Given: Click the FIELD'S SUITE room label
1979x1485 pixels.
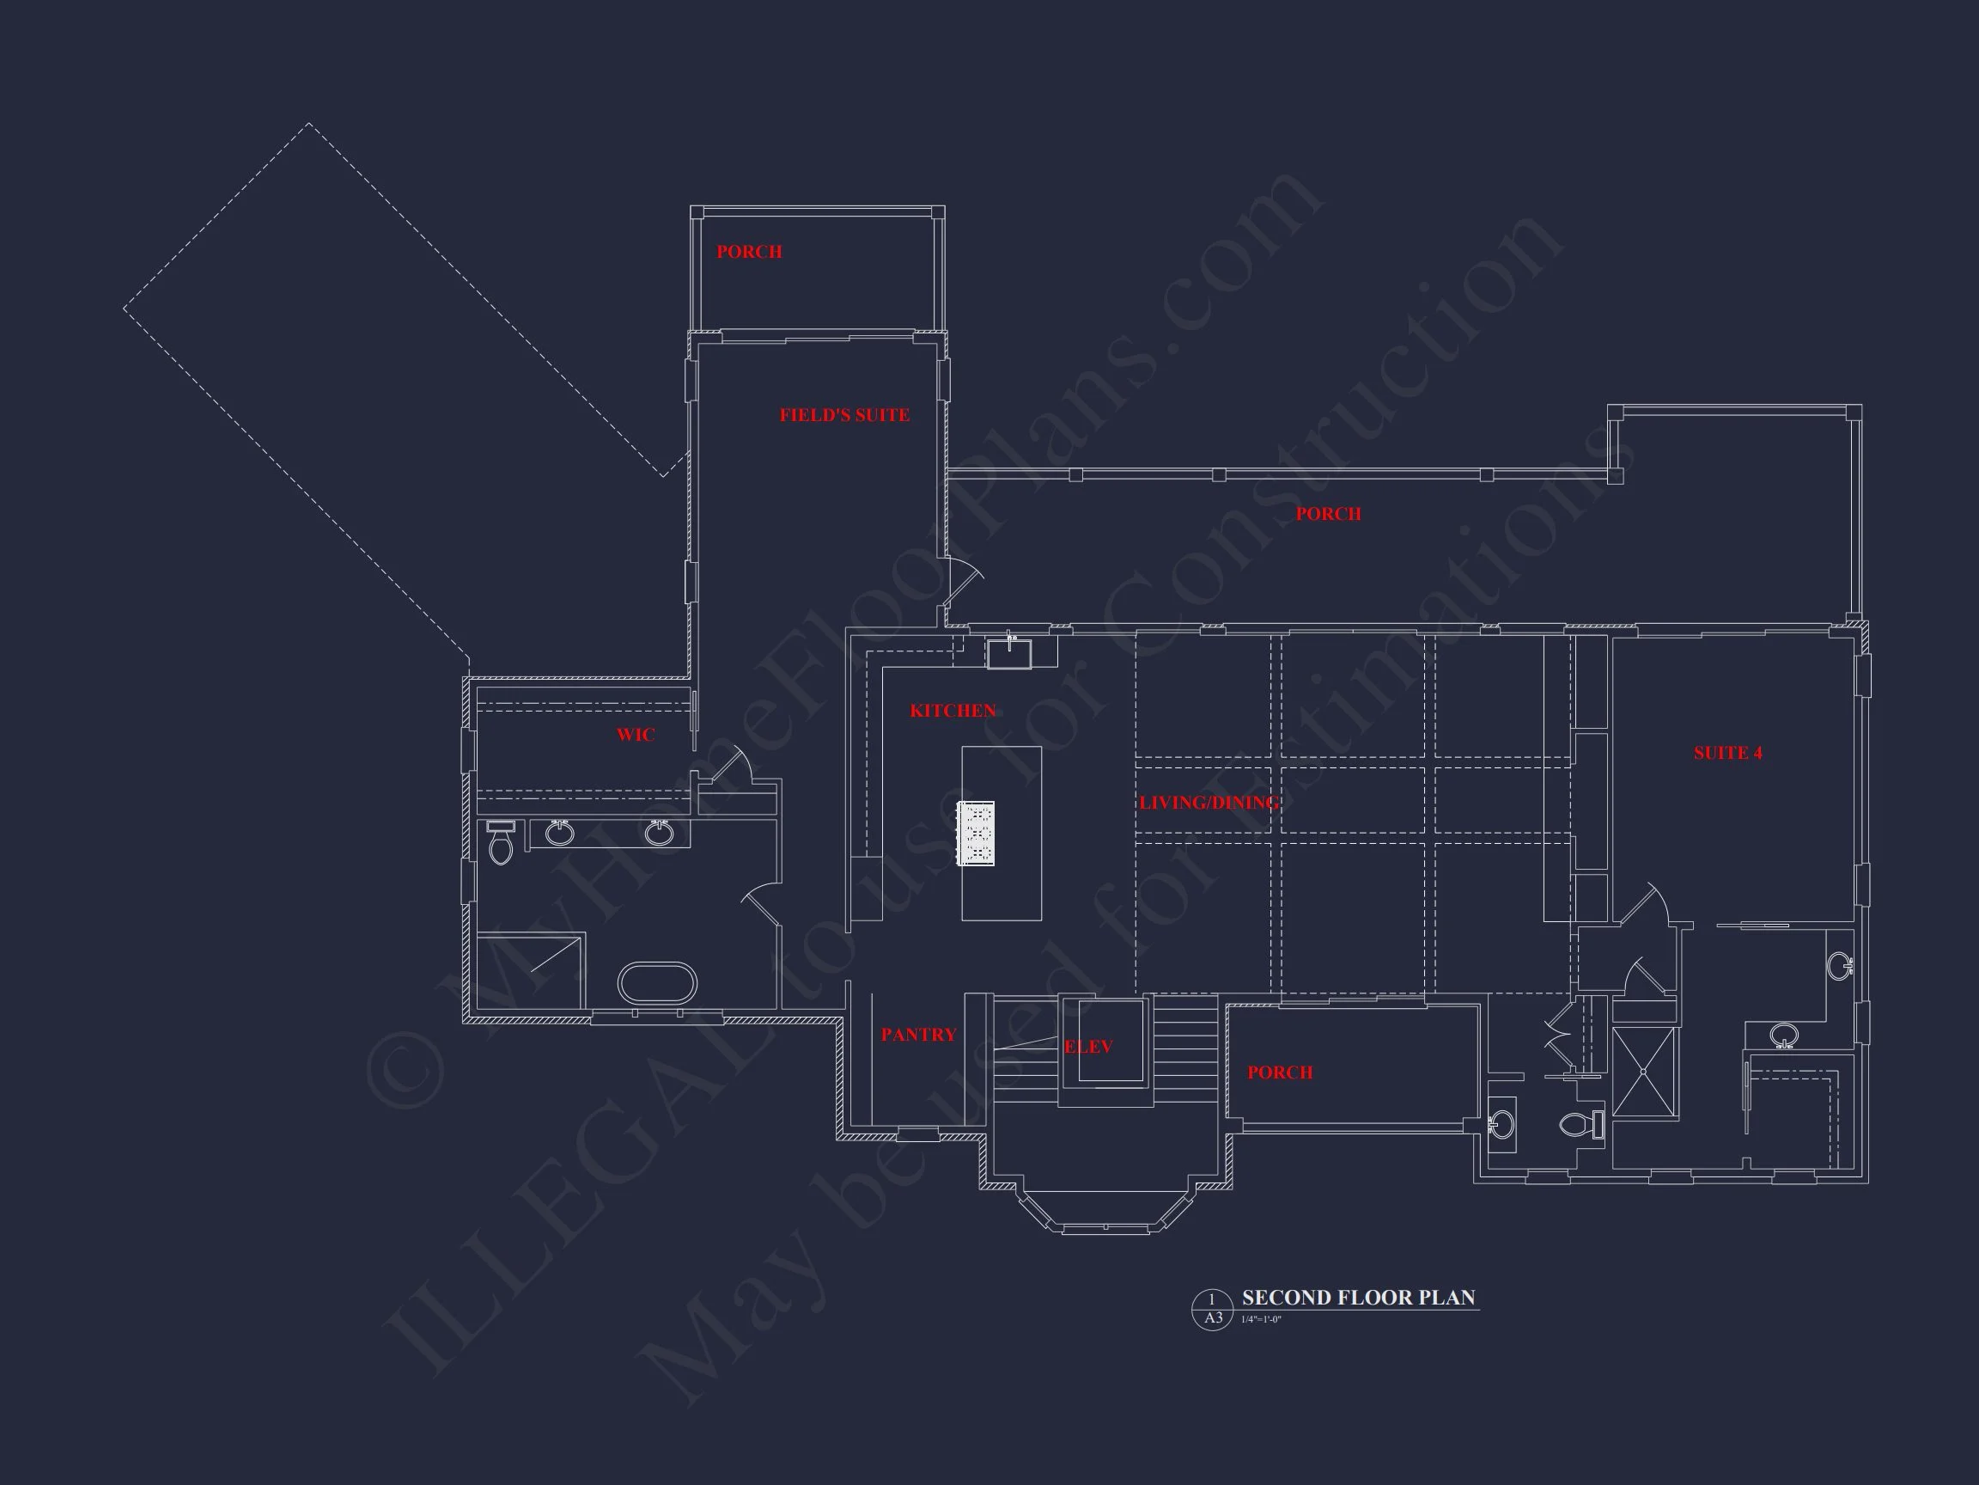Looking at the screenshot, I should click(843, 415).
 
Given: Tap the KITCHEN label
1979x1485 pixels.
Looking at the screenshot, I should click(952, 711).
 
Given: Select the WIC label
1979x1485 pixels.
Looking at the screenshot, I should click(636, 735).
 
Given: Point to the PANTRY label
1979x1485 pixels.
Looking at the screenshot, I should click(918, 1035).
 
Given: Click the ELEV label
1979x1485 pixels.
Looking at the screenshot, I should click(1088, 1047).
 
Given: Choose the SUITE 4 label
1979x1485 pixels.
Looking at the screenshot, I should click(1727, 753).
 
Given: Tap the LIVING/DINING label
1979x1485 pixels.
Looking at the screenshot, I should click(1208, 803).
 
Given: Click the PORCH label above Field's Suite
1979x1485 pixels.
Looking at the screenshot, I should click(749, 252).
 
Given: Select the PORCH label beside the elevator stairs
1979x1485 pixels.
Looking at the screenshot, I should click(1279, 1072).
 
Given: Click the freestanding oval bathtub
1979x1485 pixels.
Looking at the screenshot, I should click(657, 983).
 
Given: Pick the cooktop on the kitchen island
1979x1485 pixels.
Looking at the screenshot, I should click(975, 834).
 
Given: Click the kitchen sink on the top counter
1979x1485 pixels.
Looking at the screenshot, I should click(1008, 653).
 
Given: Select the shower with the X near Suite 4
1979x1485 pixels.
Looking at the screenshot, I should click(1644, 1072).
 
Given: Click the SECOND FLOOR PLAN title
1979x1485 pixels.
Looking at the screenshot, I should click(1358, 1298).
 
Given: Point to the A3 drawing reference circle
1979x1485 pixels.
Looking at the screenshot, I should click(1212, 1310).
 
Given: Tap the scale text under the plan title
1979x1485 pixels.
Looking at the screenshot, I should click(1261, 1320).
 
